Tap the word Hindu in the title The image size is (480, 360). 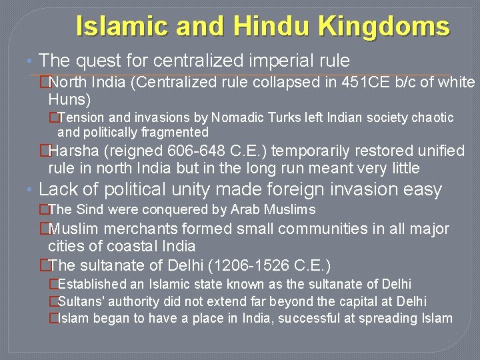[x=273, y=27]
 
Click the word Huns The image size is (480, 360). [x=69, y=100]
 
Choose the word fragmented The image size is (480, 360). [x=174, y=132]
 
